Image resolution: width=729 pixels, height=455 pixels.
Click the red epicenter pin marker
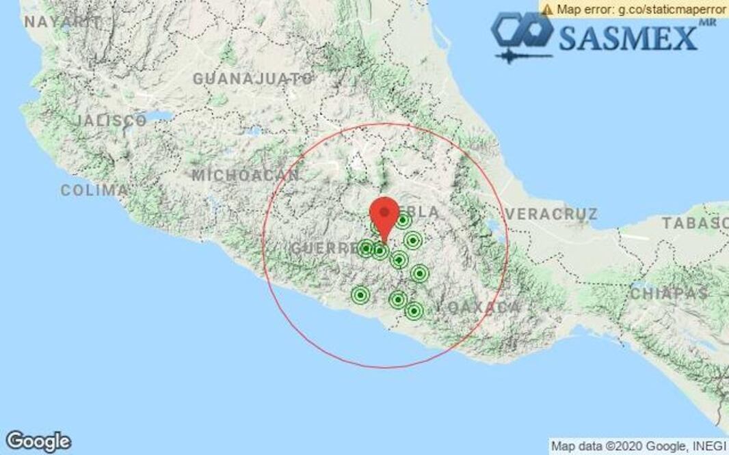click(384, 214)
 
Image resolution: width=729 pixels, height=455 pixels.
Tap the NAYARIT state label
click(57, 22)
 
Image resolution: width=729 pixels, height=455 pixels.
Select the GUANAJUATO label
click(252, 79)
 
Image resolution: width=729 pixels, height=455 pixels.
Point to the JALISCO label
click(111, 121)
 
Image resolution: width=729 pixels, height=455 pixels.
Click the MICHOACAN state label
click(245, 176)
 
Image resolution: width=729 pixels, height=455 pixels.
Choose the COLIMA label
click(94, 191)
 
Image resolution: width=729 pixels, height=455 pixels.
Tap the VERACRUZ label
click(551, 214)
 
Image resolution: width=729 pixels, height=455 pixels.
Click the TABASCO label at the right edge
click(695, 223)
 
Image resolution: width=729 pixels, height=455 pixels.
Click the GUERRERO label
click(325, 248)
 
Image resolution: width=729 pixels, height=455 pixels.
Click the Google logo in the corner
click(38, 441)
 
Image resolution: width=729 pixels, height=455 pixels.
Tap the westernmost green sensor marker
click(360, 295)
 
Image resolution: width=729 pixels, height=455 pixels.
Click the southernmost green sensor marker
click(413, 312)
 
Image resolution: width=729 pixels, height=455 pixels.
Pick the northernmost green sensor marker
click(403, 220)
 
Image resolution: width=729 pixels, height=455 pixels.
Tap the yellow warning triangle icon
click(547, 9)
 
